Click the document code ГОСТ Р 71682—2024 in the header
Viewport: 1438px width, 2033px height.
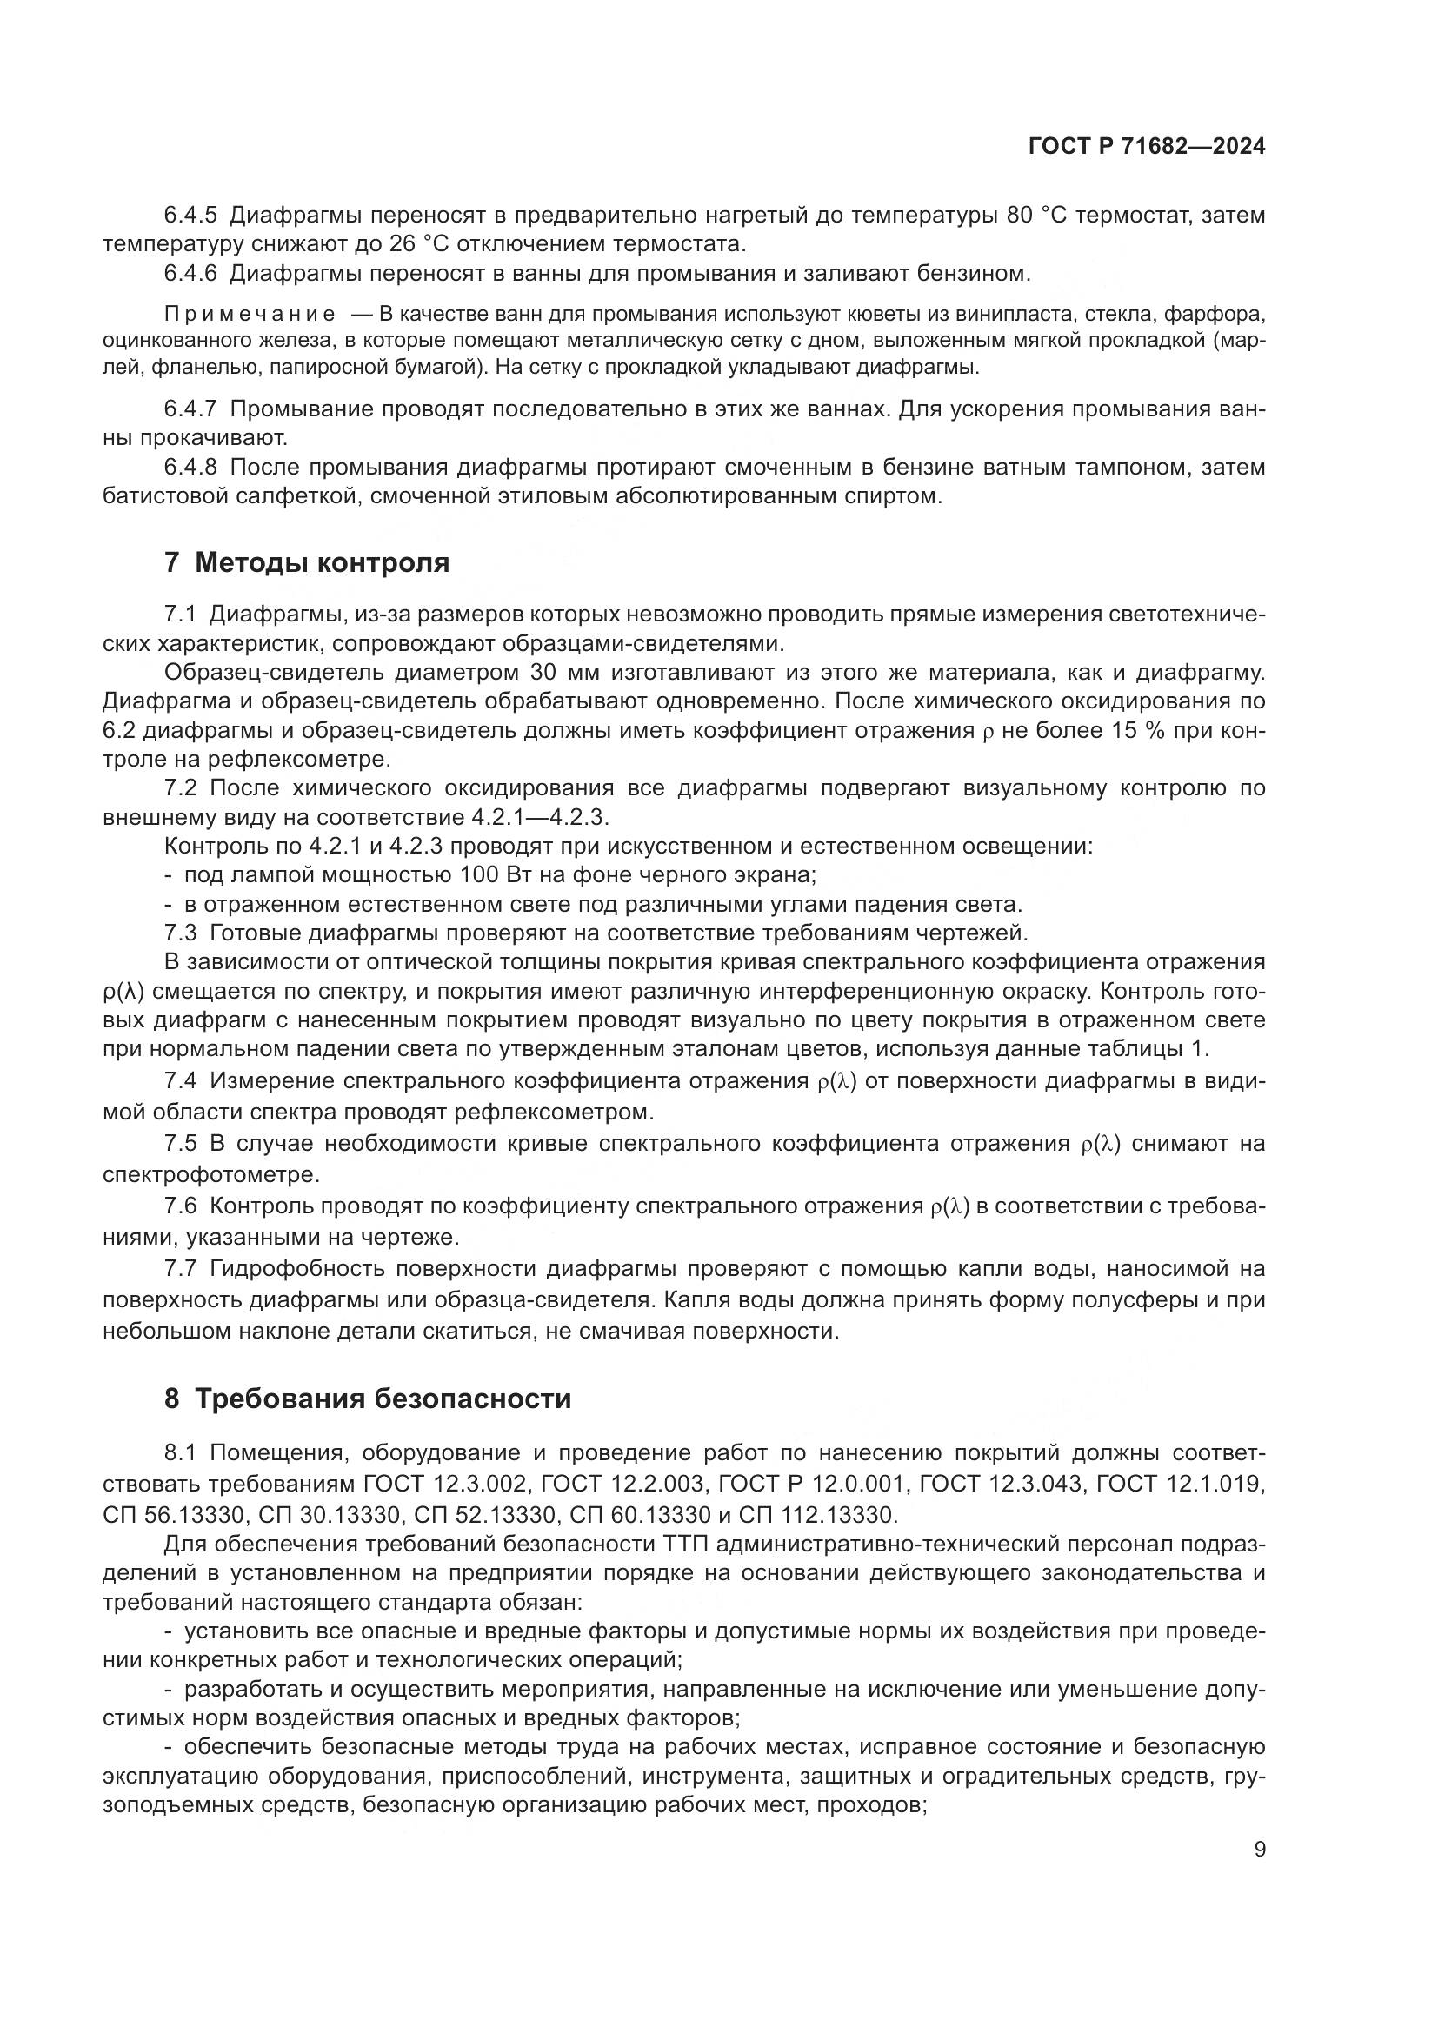click(1146, 147)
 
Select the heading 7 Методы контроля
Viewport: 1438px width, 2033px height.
click(306, 562)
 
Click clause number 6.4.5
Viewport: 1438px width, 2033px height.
click(190, 216)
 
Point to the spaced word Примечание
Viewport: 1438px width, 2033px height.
click(250, 315)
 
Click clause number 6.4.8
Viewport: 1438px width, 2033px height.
click(190, 467)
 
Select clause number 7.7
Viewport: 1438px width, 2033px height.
click(180, 1269)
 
